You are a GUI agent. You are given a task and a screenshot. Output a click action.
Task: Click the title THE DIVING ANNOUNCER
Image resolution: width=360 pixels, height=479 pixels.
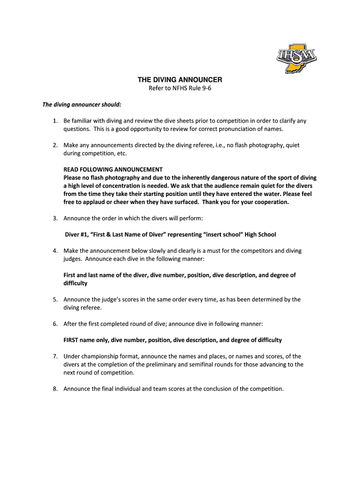pyautogui.click(x=180, y=80)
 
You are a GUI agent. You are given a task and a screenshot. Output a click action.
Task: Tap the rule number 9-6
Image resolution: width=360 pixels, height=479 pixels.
pyautogui.click(x=211, y=88)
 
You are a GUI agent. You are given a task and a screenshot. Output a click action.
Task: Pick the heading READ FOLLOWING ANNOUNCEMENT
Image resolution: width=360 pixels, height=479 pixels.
pyautogui.click(x=113, y=169)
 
